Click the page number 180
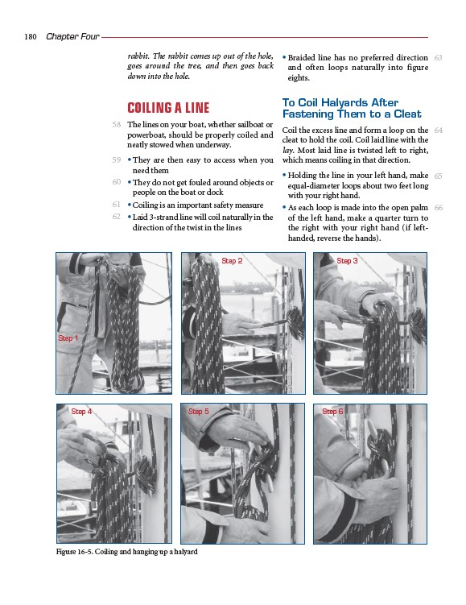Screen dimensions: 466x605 pyautogui.click(x=31, y=37)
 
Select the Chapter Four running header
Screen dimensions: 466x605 pyautogui.click(x=72, y=37)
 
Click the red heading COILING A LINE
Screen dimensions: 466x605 pyautogui.click(x=168, y=108)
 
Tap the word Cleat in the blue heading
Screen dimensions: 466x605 pyautogui.click(x=407, y=114)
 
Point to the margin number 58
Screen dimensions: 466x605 pyautogui.click(x=117, y=125)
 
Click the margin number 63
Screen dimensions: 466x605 pyautogui.click(x=438, y=58)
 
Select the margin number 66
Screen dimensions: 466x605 pyautogui.click(x=439, y=208)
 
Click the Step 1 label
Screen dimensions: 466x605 pyautogui.click(x=68, y=338)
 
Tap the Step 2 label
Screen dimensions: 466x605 pyautogui.click(x=232, y=261)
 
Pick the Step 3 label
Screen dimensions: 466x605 pyautogui.click(x=347, y=261)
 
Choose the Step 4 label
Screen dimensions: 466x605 pyautogui.click(x=81, y=412)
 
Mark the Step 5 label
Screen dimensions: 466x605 pyautogui.click(x=198, y=412)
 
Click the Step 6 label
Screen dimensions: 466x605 pyautogui.click(x=332, y=412)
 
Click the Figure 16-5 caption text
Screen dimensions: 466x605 pyautogui.click(x=127, y=552)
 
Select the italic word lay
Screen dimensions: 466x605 pyautogui.click(x=287, y=151)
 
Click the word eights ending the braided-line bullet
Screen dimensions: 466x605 pyautogui.click(x=299, y=78)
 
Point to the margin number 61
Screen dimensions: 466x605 pyautogui.click(x=117, y=205)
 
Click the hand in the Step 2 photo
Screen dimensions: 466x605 pyautogui.click(x=239, y=323)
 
